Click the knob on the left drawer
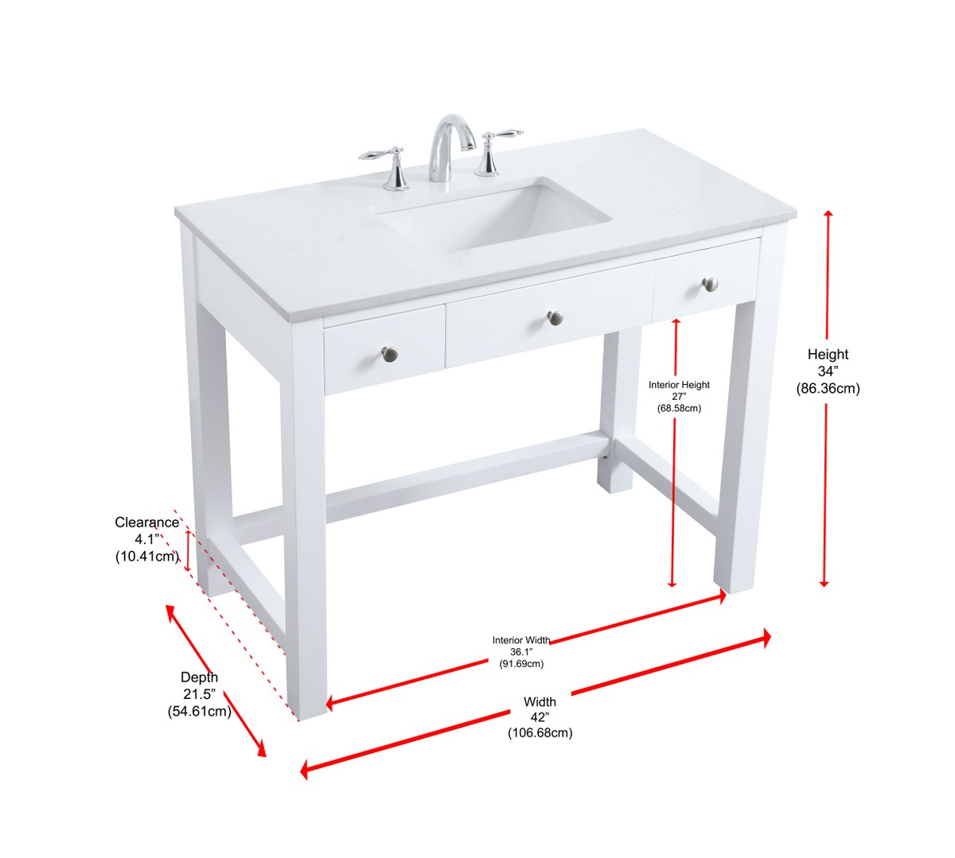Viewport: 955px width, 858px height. click(x=389, y=354)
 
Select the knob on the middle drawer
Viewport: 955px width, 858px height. click(x=555, y=317)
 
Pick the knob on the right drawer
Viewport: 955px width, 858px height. click(x=710, y=284)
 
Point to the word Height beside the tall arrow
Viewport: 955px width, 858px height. click(x=828, y=354)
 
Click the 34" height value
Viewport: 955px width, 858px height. click(x=828, y=371)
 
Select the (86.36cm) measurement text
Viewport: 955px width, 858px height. click(x=828, y=389)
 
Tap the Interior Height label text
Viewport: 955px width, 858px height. click(x=679, y=385)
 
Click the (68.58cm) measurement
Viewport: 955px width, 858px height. click(x=679, y=408)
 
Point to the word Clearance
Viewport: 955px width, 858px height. click(x=146, y=522)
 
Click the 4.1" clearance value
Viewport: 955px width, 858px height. click(x=147, y=539)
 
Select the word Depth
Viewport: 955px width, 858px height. click(x=199, y=677)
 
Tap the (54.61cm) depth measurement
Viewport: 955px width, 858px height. click(x=199, y=712)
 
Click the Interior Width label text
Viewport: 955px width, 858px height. click(x=521, y=640)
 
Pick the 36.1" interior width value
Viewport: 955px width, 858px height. click(x=521, y=652)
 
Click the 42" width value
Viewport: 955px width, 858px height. click(x=540, y=716)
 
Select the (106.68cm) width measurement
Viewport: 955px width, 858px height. click(x=540, y=733)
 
